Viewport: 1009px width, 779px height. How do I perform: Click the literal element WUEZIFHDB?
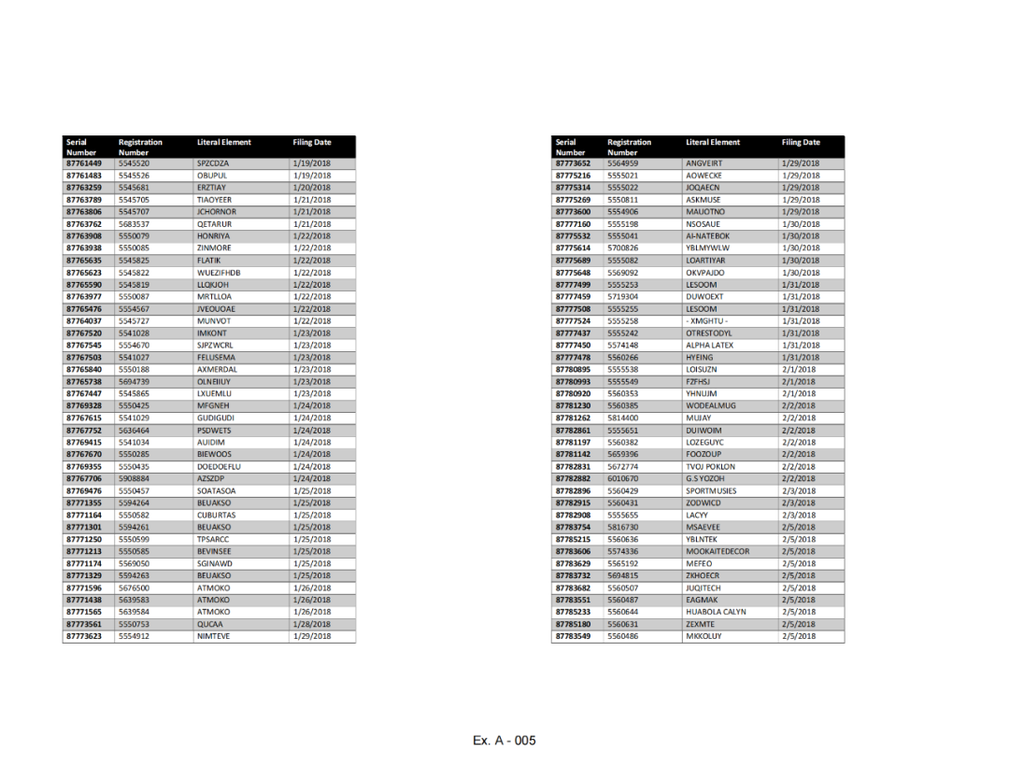point(219,273)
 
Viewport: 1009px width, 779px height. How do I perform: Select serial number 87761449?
point(83,163)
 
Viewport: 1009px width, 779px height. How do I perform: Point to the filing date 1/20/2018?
point(311,188)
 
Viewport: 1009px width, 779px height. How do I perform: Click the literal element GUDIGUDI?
point(215,418)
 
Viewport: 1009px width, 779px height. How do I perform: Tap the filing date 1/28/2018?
point(311,625)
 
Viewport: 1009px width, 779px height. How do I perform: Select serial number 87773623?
point(83,637)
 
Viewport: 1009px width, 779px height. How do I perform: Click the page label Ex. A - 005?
point(504,741)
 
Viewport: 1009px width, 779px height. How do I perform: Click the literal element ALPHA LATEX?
point(709,346)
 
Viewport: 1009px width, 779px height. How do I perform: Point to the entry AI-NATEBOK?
point(707,236)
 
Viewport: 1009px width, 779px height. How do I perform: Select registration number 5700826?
point(623,248)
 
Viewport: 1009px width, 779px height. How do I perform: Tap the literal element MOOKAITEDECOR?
point(717,552)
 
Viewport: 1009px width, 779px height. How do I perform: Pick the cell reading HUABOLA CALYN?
point(716,613)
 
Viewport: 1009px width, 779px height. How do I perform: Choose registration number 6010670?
point(623,479)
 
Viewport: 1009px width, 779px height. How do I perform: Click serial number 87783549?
point(573,637)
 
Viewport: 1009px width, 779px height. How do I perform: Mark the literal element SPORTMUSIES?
point(710,491)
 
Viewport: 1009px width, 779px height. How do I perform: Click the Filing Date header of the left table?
point(311,143)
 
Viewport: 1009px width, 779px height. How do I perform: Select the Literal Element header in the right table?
point(712,143)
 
